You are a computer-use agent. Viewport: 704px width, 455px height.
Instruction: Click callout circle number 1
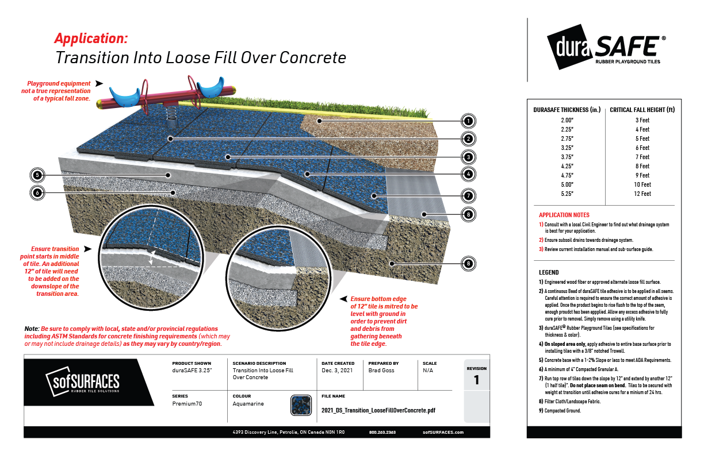pyautogui.click(x=469, y=121)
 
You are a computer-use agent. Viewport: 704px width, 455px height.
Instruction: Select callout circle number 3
pyautogui.click(x=469, y=156)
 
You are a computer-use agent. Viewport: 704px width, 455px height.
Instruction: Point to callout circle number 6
pyautogui.click(x=36, y=193)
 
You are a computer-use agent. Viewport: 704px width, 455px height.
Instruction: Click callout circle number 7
pyautogui.click(x=469, y=196)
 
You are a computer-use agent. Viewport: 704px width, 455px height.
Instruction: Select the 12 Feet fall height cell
pyautogui.click(x=642, y=194)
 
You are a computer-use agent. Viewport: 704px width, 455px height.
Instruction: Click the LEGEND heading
pyautogui.click(x=548, y=272)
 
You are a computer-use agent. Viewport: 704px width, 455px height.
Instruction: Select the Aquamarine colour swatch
pyautogui.click(x=301, y=404)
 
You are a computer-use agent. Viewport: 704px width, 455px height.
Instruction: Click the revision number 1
pyautogui.click(x=476, y=380)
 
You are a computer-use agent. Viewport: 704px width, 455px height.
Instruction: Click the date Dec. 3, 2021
pyautogui.click(x=338, y=371)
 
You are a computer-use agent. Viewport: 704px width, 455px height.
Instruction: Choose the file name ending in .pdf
pyautogui.click(x=378, y=411)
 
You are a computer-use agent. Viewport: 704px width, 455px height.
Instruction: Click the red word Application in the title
pyautogui.click(x=91, y=38)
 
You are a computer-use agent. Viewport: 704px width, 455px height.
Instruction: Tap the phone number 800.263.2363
pyautogui.click(x=382, y=432)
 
